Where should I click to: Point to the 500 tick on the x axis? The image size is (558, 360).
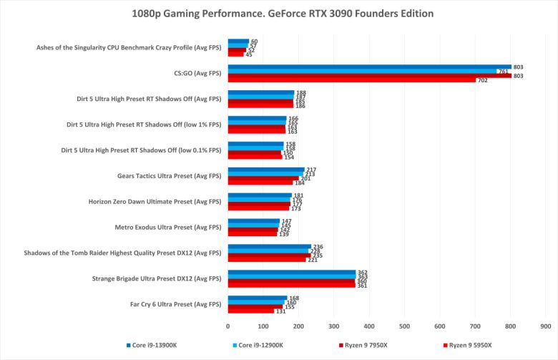[404, 326]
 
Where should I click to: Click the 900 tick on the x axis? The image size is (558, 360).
[545, 326]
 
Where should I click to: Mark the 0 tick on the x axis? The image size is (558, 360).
[228, 326]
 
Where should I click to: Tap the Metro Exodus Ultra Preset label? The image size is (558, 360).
[168, 228]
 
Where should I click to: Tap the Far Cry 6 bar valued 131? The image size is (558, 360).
[251, 311]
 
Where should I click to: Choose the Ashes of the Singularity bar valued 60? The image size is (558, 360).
[238, 42]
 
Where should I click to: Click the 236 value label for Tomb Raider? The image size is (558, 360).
[318, 247]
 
